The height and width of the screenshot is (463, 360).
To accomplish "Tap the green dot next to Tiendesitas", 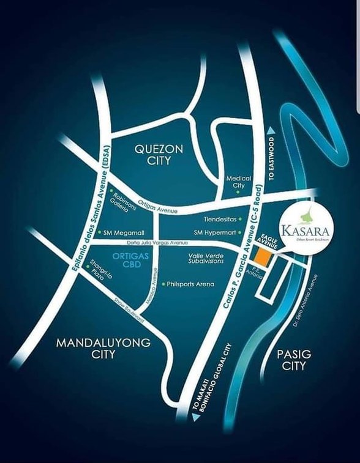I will coord(241,218).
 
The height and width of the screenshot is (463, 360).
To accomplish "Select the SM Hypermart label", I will coord(215,232).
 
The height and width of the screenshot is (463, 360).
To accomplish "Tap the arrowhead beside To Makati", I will coord(195,418).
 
